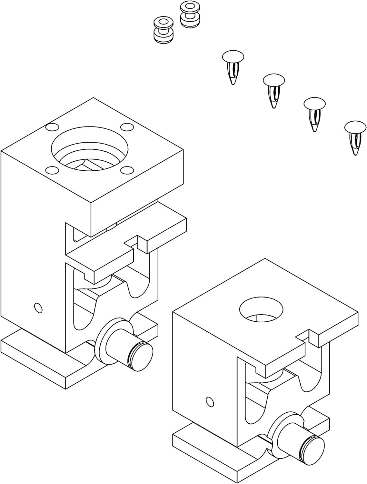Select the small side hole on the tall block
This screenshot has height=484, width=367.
pos(38,308)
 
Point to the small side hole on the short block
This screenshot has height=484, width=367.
pos(210,402)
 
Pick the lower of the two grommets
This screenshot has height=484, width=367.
pos(163,30)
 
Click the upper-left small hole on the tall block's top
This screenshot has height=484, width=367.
pos(51,127)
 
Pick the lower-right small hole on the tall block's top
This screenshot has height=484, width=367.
pos(127,170)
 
